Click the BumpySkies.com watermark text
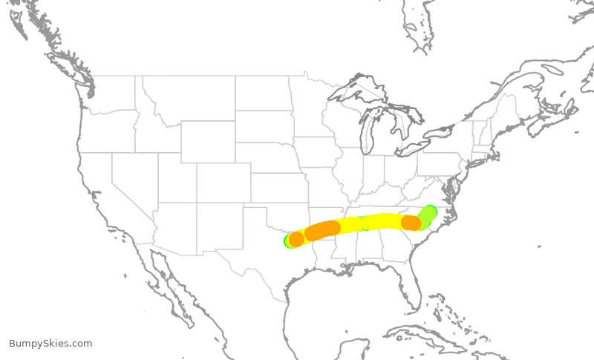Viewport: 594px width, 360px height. pyautogui.click(x=50, y=344)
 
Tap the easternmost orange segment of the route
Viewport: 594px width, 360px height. pyautogui.click(x=411, y=223)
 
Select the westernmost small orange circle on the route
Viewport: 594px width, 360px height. pyautogui.click(x=296, y=239)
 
